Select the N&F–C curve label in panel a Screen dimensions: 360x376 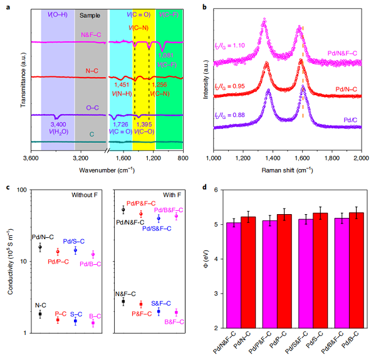pyautogui.click(x=92, y=35)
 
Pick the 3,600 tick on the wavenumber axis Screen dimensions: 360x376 pyautogui.click(x=31, y=158)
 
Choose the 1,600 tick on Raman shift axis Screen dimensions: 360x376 pyautogui.click(x=302, y=158)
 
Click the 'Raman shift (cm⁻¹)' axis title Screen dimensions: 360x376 pyautogui.click(x=288, y=169)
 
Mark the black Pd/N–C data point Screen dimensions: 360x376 pyautogui.click(x=40, y=247)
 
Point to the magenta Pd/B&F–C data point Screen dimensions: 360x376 pyautogui.click(x=176, y=216)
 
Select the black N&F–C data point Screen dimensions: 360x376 pyautogui.click(x=123, y=301)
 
